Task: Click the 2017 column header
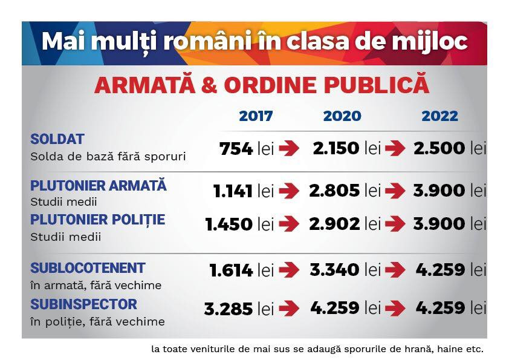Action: [256, 116]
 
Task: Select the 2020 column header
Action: [342, 116]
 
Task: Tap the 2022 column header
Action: [440, 116]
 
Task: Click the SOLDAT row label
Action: [57, 139]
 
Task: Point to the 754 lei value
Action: [246, 149]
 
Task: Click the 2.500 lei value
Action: [449, 148]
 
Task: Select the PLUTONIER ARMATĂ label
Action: [98, 186]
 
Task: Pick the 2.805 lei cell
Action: [345, 191]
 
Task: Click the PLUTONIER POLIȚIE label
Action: [97, 219]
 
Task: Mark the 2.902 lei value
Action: [345, 224]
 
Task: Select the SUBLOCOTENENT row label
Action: [88, 268]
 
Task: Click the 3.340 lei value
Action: [345, 270]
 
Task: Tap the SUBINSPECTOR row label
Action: [83, 304]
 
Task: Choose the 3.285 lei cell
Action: [239, 309]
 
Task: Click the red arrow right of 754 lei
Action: [289, 149]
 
